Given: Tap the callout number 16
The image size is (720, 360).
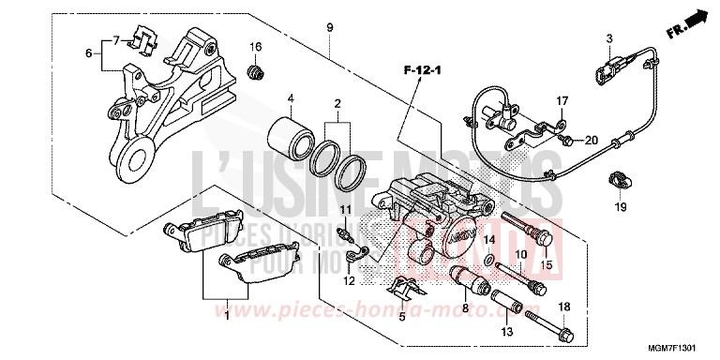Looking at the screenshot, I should [x=254, y=48].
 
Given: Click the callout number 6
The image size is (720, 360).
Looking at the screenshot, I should [x=90, y=53].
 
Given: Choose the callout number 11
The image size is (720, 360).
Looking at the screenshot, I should [x=346, y=208].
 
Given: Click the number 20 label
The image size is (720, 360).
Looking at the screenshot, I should [x=591, y=141].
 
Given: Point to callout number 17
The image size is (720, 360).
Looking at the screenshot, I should [x=562, y=100].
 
